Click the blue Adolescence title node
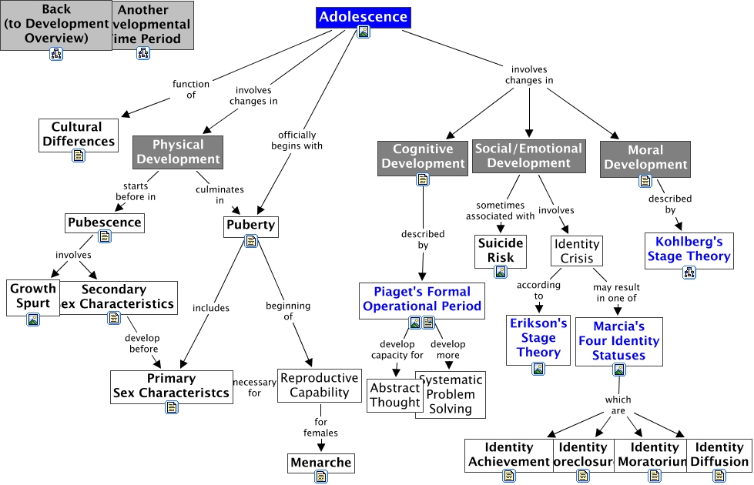pos(363,17)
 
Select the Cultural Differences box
pos(79,134)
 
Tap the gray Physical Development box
pos(177,152)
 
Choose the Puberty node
pos(250,226)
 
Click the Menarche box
pos(320,463)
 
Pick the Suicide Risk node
pos(501,250)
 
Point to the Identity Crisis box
pos(576,251)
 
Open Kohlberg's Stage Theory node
pos(689,249)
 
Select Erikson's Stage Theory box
pos(538,338)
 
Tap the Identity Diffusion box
pos(719,454)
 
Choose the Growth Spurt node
pos(32,296)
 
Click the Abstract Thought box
pos(394,394)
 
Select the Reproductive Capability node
pos(319,385)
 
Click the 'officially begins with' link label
pos(297,140)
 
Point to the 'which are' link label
pos(618,405)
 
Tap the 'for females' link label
pos(320,427)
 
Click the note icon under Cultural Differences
pos(79,156)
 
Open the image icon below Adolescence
pos(363,32)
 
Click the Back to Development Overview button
pos(56,23)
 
